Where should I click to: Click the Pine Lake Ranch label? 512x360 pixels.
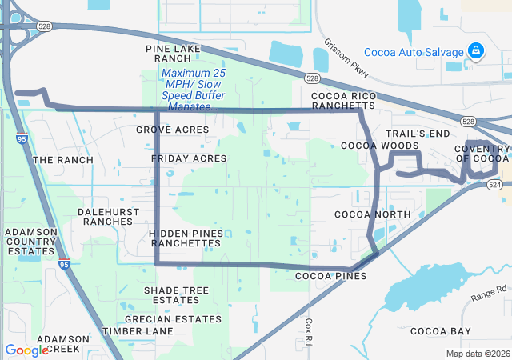(174, 54)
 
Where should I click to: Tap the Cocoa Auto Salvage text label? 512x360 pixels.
(414, 53)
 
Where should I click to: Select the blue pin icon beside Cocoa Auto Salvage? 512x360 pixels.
(476, 51)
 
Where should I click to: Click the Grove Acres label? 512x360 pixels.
(172, 129)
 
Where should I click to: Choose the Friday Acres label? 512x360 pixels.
(189, 158)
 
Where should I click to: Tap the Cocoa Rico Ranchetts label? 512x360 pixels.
(344, 100)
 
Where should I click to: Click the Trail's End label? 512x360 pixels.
(418, 133)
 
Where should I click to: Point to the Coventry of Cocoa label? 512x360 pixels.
(482, 153)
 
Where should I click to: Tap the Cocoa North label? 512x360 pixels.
(372, 214)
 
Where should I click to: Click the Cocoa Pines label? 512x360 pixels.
(330, 276)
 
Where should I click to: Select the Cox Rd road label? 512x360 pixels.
(310, 327)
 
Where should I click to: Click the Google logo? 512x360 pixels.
(26, 350)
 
